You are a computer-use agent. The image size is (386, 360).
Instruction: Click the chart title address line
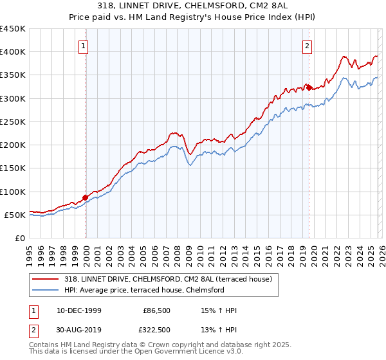[193, 6]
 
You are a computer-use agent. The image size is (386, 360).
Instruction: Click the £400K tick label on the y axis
[13, 52]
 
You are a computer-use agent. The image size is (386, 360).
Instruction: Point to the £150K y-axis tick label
[13, 168]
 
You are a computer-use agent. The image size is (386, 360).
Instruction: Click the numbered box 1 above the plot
[85, 46]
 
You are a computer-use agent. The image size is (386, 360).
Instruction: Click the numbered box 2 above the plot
[308, 46]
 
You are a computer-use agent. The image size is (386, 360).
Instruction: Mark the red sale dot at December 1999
[86, 197]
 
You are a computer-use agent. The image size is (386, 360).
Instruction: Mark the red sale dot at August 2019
[309, 87]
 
